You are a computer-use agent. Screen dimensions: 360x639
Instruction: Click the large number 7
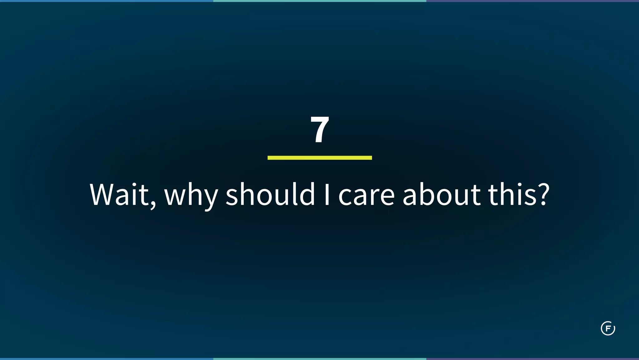pyautogui.click(x=320, y=129)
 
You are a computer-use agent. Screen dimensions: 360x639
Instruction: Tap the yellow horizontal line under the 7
pyautogui.click(x=319, y=158)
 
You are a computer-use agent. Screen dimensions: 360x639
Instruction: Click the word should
pyautogui.click(x=270, y=195)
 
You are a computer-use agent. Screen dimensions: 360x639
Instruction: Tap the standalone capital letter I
pyautogui.click(x=327, y=195)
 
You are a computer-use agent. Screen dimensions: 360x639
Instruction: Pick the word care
pyautogui.click(x=367, y=197)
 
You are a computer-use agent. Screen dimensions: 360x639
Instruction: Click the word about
pyautogui.click(x=441, y=195)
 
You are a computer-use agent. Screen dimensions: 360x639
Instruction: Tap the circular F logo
pyautogui.click(x=608, y=328)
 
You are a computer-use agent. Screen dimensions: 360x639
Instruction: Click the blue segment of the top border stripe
pyautogui.click(x=106, y=1)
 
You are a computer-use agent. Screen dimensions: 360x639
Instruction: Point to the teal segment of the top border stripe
pyautogui.click(x=319, y=1)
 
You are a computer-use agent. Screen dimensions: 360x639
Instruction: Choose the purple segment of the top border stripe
pyautogui.click(x=533, y=1)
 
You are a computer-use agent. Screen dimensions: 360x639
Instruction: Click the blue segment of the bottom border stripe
pyautogui.click(x=106, y=359)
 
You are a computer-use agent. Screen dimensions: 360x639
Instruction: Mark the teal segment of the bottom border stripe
pyautogui.click(x=319, y=359)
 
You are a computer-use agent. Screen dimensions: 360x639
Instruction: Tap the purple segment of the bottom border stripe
pyautogui.click(x=533, y=359)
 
